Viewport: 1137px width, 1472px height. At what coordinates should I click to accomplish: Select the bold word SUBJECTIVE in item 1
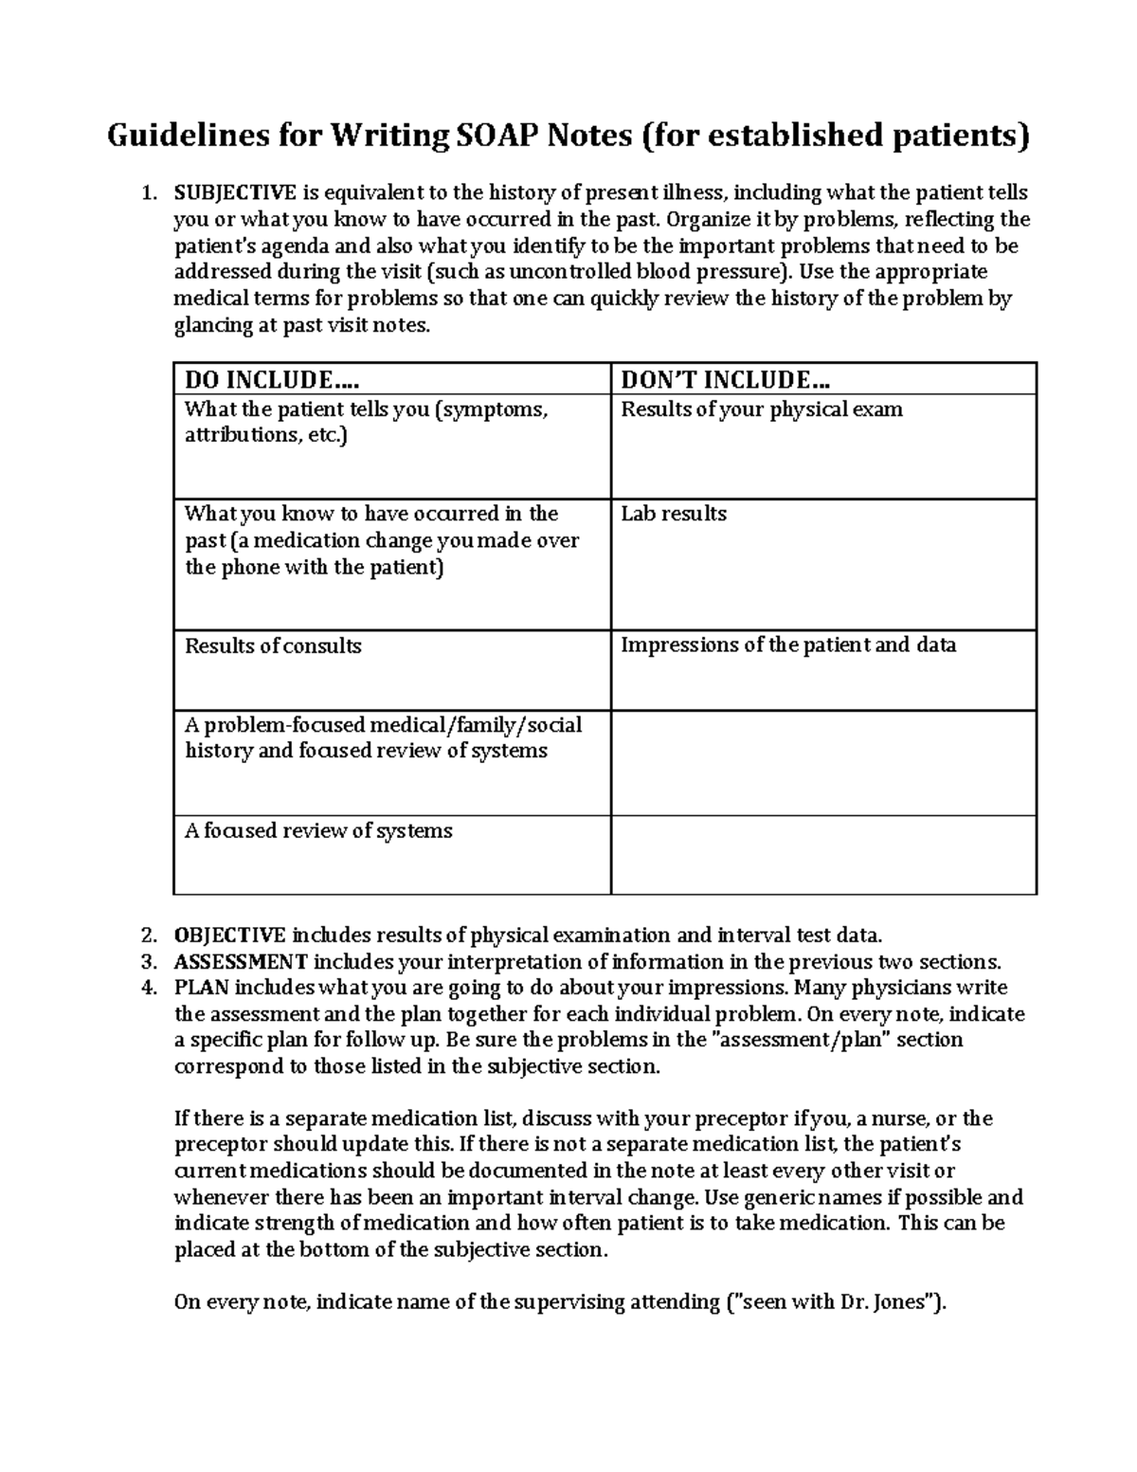point(234,193)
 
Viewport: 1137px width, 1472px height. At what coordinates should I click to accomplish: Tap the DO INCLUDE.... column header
point(273,380)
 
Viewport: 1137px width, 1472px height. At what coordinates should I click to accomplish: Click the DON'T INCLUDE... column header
point(725,380)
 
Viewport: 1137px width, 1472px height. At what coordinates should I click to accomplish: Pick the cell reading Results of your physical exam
point(761,410)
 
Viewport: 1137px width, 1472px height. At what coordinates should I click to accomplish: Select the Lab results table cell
point(673,514)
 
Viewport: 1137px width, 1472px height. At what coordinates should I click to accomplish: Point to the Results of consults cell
point(273,646)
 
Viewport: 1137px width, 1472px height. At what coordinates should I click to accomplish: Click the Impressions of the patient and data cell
point(787,645)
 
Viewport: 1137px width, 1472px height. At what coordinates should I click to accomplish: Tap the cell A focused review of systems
point(318,831)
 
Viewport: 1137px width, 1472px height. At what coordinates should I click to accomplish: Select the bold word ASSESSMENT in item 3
point(241,962)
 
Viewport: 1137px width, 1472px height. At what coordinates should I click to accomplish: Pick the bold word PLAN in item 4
point(201,988)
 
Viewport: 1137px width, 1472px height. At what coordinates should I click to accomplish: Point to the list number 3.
point(147,962)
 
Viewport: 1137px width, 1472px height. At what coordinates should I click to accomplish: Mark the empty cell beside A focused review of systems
point(823,855)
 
